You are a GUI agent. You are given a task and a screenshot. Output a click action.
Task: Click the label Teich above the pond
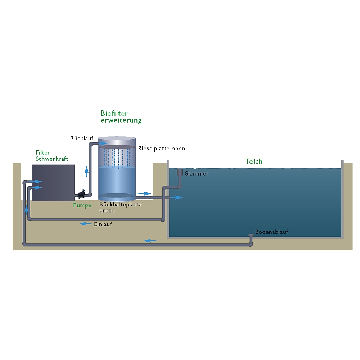click(x=254, y=161)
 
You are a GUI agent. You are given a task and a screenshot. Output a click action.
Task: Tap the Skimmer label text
click(x=197, y=173)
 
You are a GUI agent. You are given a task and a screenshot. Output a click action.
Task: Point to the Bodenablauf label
click(x=271, y=232)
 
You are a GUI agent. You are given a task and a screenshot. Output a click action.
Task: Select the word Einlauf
click(x=103, y=224)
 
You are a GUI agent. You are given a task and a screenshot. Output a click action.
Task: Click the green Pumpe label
click(x=82, y=205)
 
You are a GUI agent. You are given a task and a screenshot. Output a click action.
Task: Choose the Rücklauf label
click(x=82, y=138)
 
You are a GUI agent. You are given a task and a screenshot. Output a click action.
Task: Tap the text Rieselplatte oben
click(x=161, y=149)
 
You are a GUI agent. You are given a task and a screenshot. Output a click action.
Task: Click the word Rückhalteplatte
click(x=121, y=204)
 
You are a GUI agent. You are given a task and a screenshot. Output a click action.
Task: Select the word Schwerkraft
click(x=52, y=159)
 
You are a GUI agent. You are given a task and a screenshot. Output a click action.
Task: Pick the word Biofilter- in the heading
click(x=116, y=113)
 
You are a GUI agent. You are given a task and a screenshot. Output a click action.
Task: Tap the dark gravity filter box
click(x=53, y=183)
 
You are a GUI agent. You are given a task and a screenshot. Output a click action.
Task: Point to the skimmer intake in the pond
click(x=180, y=172)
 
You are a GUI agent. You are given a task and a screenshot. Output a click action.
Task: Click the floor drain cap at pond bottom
click(x=251, y=235)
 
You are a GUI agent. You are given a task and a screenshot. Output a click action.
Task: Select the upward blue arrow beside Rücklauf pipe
click(x=87, y=171)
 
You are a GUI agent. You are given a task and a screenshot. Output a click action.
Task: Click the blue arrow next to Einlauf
click(x=85, y=224)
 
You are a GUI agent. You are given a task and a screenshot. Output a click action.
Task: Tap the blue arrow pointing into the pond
click(x=176, y=197)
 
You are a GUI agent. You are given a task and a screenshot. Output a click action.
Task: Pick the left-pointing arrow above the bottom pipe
click(x=150, y=241)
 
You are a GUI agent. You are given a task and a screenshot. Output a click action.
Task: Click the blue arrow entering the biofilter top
click(x=102, y=143)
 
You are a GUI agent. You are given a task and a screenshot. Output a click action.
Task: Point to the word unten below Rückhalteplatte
click(x=107, y=210)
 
